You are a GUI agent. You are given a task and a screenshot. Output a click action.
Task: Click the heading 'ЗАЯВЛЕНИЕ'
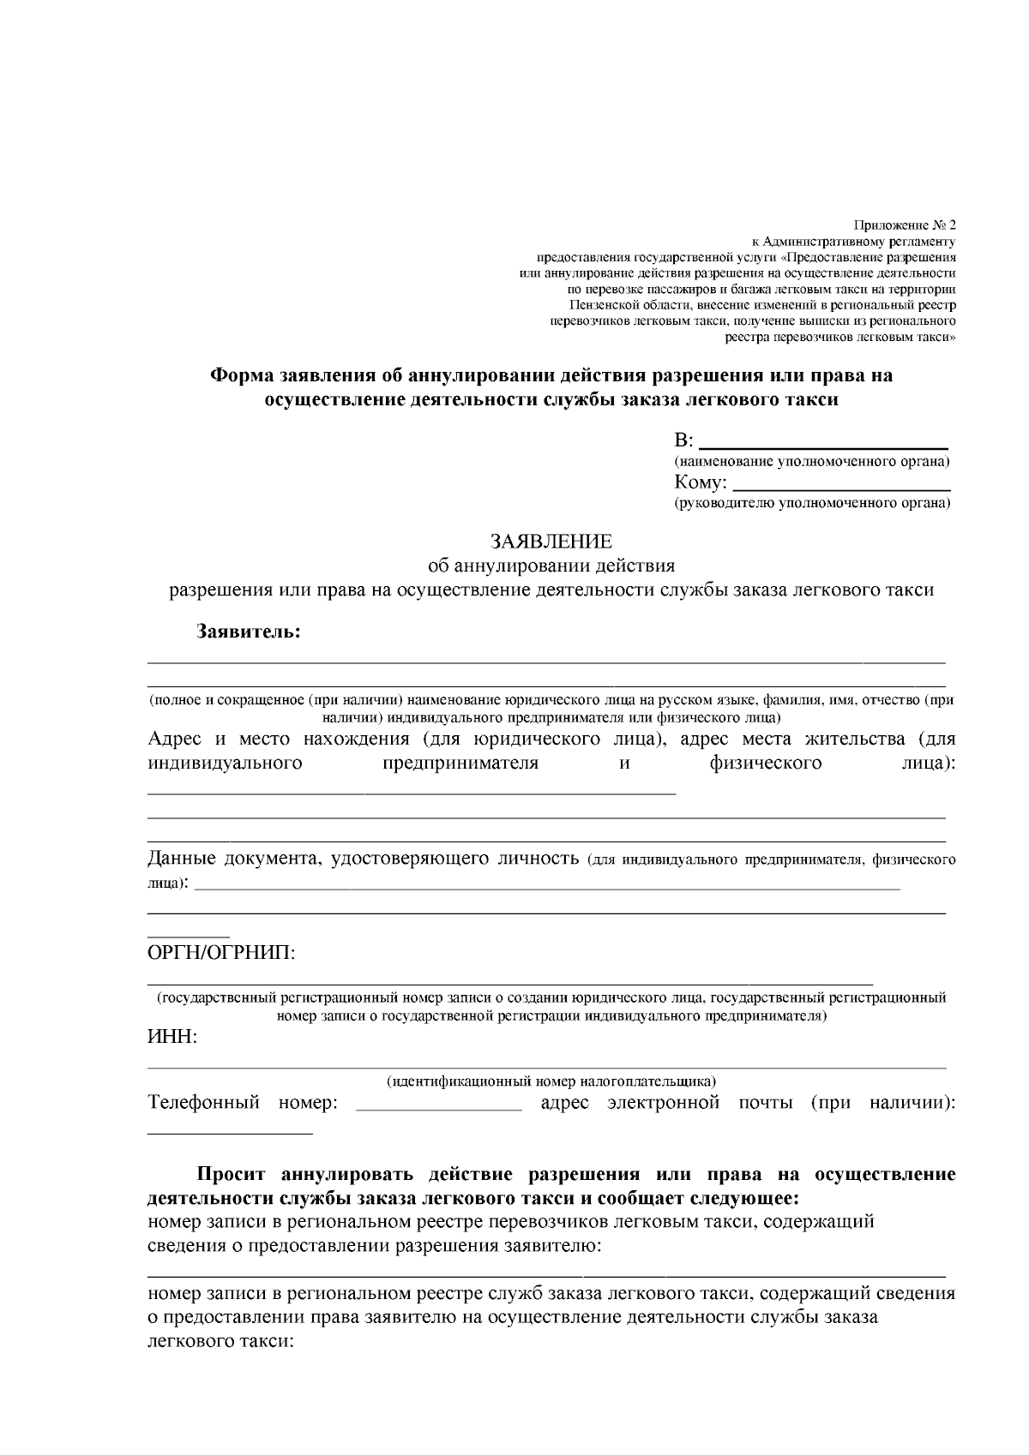pyautogui.click(x=551, y=542)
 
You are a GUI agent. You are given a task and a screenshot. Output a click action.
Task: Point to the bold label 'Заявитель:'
pyautogui.click(x=249, y=632)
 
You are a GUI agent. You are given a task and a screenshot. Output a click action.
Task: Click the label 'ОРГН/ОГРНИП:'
pyautogui.click(x=221, y=953)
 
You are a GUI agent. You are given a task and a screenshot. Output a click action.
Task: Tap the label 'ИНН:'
pyautogui.click(x=172, y=1038)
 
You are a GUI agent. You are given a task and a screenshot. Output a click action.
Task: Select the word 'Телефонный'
pyautogui.click(x=203, y=1103)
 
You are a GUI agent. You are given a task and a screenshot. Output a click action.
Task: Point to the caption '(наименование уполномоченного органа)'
pyautogui.click(x=812, y=463)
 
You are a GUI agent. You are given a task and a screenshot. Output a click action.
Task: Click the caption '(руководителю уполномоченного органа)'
pyautogui.click(x=812, y=504)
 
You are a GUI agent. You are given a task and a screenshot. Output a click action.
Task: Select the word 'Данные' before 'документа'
pyautogui.click(x=182, y=859)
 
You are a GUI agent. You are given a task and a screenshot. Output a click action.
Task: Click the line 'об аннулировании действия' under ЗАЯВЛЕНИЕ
pyautogui.click(x=551, y=566)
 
